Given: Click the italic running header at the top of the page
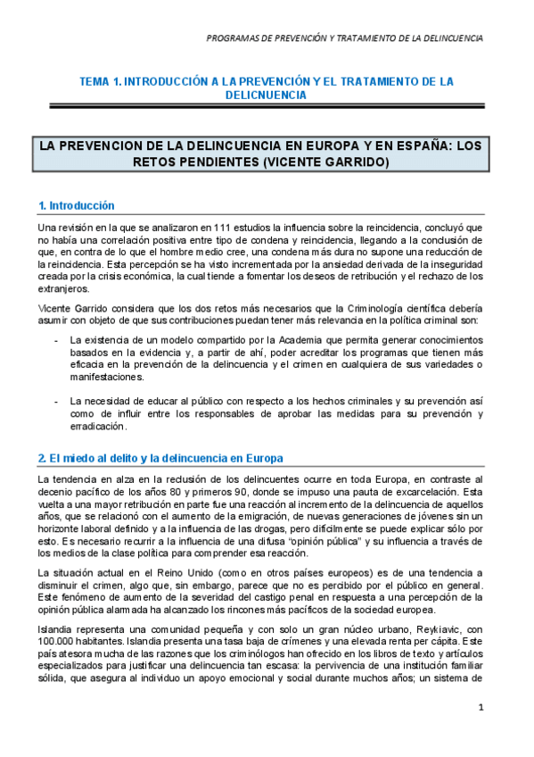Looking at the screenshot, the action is pyautogui.click(x=344, y=38).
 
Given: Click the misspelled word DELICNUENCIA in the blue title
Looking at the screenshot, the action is pyautogui.click(x=267, y=94).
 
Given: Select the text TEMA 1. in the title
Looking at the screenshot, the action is pyautogui.click(x=100, y=80).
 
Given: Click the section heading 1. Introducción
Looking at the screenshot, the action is pyautogui.click(x=76, y=205).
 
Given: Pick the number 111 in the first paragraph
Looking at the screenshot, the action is pyautogui.click(x=209, y=227).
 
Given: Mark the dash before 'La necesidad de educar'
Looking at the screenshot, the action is pyautogui.click(x=57, y=401).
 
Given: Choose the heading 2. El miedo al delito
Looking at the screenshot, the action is pyautogui.click(x=160, y=458).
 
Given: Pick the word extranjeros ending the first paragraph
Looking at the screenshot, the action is pyautogui.click(x=63, y=288).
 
